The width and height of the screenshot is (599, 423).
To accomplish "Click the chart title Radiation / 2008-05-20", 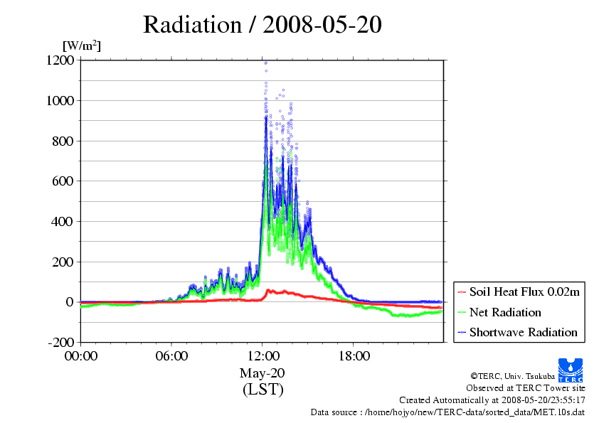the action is pyautogui.click(x=262, y=25).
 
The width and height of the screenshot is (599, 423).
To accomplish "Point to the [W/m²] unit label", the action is pyautogui.click(x=82, y=45).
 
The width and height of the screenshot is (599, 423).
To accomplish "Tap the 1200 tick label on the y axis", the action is pyautogui.click(x=60, y=60).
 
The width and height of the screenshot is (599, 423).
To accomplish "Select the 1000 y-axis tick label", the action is pyautogui.click(x=60, y=100).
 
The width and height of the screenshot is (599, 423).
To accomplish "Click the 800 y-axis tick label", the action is pyautogui.click(x=63, y=141).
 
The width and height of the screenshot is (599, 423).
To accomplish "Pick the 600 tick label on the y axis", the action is pyautogui.click(x=63, y=181).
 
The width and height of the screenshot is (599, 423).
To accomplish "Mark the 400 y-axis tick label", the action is pyautogui.click(x=63, y=221).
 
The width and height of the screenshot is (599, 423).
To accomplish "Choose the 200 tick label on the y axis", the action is pyautogui.click(x=63, y=262).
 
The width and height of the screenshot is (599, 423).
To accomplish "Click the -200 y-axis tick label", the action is pyautogui.click(x=60, y=342).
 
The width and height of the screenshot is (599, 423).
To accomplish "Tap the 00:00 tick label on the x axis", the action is pyautogui.click(x=81, y=356).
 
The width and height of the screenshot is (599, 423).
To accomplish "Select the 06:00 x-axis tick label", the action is pyautogui.click(x=171, y=356).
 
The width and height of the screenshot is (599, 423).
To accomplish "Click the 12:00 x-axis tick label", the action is pyautogui.click(x=263, y=356).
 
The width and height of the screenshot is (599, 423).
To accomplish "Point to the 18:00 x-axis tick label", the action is pyautogui.click(x=354, y=356).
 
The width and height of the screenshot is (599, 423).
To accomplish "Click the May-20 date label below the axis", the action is pyautogui.click(x=262, y=373).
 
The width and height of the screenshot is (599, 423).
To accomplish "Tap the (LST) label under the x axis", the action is pyautogui.click(x=263, y=390).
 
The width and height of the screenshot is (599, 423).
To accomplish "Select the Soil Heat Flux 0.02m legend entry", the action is pyautogui.click(x=519, y=292).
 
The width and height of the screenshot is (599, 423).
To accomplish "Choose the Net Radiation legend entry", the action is pyautogui.click(x=499, y=312).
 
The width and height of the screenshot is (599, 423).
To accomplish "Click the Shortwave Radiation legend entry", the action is pyautogui.click(x=518, y=332).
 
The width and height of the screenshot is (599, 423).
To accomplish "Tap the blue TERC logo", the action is pyautogui.click(x=571, y=370).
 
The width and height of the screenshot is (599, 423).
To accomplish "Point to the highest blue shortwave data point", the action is pyautogui.click(x=265, y=63).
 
